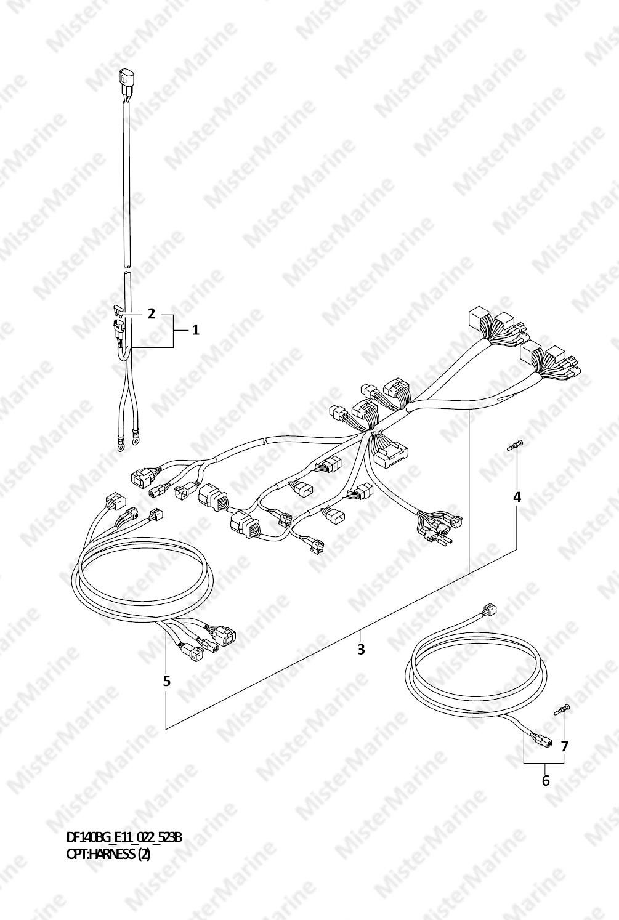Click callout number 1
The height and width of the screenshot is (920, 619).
(196, 329)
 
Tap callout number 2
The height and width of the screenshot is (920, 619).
(151, 314)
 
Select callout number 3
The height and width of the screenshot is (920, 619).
(361, 650)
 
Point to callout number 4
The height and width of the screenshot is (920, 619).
(517, 497)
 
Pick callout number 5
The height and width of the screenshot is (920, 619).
(166, 681)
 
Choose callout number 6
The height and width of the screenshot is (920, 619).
(546, 780)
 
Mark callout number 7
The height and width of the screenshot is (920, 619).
(564, 747)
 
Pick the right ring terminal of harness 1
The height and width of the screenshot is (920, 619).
(135, 442)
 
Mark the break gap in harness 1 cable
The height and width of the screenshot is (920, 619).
(127, 268)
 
